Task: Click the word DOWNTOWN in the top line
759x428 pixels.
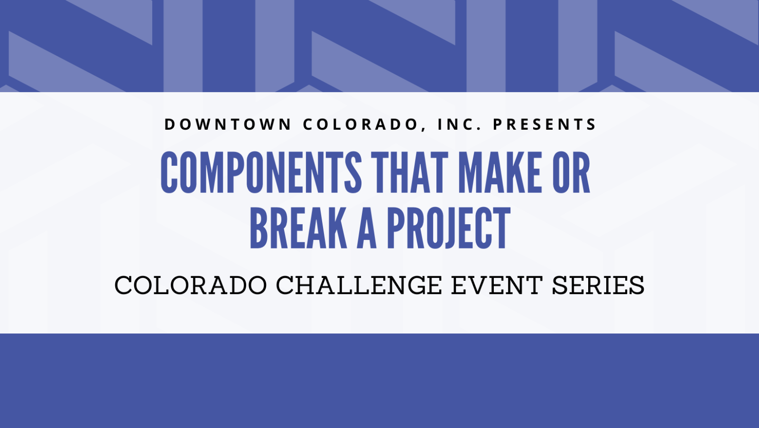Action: pos(228,124)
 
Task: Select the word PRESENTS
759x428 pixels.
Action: pos(544,124)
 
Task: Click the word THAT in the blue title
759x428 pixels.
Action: pos(410,172)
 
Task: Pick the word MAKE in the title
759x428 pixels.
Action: pos(500,172)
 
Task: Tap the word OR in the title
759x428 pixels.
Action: pos(571,172)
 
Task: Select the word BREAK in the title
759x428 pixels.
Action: pos(298,228)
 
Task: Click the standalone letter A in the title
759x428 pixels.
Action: pos(367,228)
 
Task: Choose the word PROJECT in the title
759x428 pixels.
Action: pos(448,228)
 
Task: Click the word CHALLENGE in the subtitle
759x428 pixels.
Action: pos(359,285)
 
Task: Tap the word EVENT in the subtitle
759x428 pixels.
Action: pos(497,285)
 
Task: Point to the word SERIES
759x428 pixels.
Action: pos(598,285)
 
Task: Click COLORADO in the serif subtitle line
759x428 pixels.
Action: pos(191,285)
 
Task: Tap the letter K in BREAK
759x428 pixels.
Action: pos(337,228)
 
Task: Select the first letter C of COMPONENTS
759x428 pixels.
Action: pos(169,172)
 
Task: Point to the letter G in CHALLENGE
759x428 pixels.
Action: pos(416,285)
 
